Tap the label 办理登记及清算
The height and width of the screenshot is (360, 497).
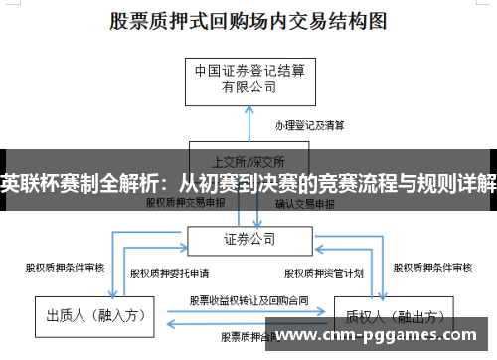309,126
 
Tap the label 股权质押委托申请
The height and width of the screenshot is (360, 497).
166,271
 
